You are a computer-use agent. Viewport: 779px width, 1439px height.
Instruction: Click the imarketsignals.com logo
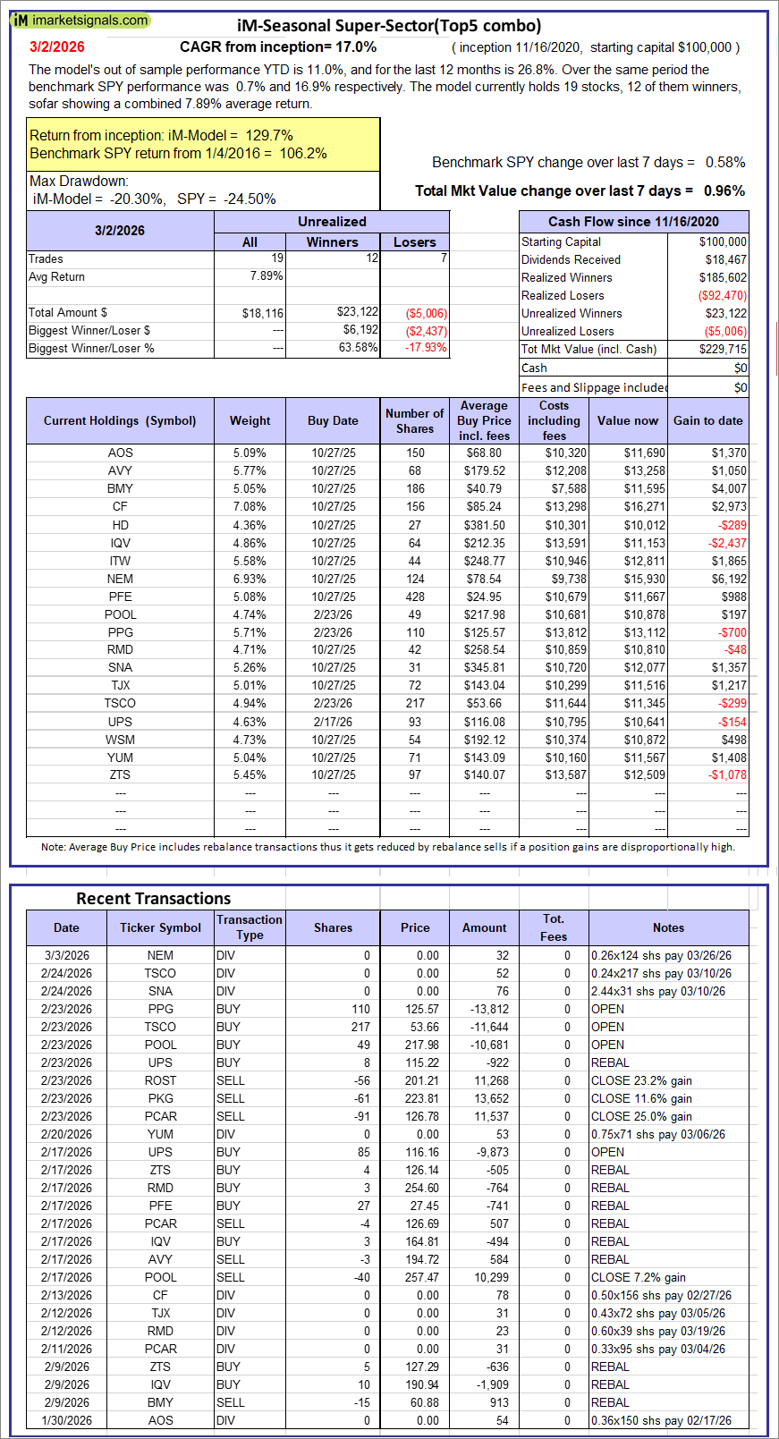coord(80,20)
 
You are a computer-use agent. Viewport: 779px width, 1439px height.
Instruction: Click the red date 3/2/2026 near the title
coord(56,47)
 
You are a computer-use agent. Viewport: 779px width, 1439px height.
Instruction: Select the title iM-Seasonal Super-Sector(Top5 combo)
coord(388,26)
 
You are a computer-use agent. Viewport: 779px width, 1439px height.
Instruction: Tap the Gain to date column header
coord(707,421)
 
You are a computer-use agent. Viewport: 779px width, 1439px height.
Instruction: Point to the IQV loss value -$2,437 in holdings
coord(727,543)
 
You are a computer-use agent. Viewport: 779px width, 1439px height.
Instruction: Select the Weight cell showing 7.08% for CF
coord(250,507)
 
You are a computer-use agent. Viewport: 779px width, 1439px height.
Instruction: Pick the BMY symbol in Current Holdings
coord(120,489)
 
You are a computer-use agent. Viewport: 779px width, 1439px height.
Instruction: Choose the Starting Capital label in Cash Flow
coord(561,242)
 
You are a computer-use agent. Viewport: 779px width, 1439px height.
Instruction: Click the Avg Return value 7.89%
coord(267,276)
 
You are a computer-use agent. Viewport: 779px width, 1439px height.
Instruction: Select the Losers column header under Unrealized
coord(414,242)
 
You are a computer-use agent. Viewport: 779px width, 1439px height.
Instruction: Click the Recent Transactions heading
coord(153,899)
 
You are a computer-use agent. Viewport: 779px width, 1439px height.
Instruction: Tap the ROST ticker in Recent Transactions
coord(160,1080)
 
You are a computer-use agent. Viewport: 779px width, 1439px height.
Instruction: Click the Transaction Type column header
coord(250,927)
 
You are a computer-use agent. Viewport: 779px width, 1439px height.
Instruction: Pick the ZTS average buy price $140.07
coord(484,775)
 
